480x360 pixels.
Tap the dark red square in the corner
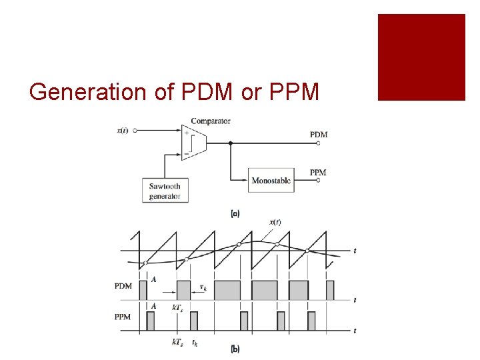click(x=421, y=57)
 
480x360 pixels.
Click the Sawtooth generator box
click(x=165, y=191)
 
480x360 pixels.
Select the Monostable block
click(x=271, y=181)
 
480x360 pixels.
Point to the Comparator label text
click(x=211, y=121)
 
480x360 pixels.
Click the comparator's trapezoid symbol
click(x=194, y=142)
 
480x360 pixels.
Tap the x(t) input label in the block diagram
click(x=124, y=131)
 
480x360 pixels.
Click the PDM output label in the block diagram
click(x=319, y=135)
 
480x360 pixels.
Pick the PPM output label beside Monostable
click(x=319, y=173)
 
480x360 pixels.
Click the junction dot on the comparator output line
click(x=230, y=143)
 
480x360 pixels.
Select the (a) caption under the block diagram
click(x=235, y=214)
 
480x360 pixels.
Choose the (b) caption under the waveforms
click(x=235, y=349)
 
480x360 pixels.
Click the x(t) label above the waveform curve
click(x=275, y=222)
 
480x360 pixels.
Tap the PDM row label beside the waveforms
click(x=123, y=287)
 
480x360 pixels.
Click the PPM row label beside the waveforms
click(x=123, y=317)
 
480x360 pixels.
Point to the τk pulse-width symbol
click(x=203, y=288)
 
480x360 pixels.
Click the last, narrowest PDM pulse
click(x=329, y=290)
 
